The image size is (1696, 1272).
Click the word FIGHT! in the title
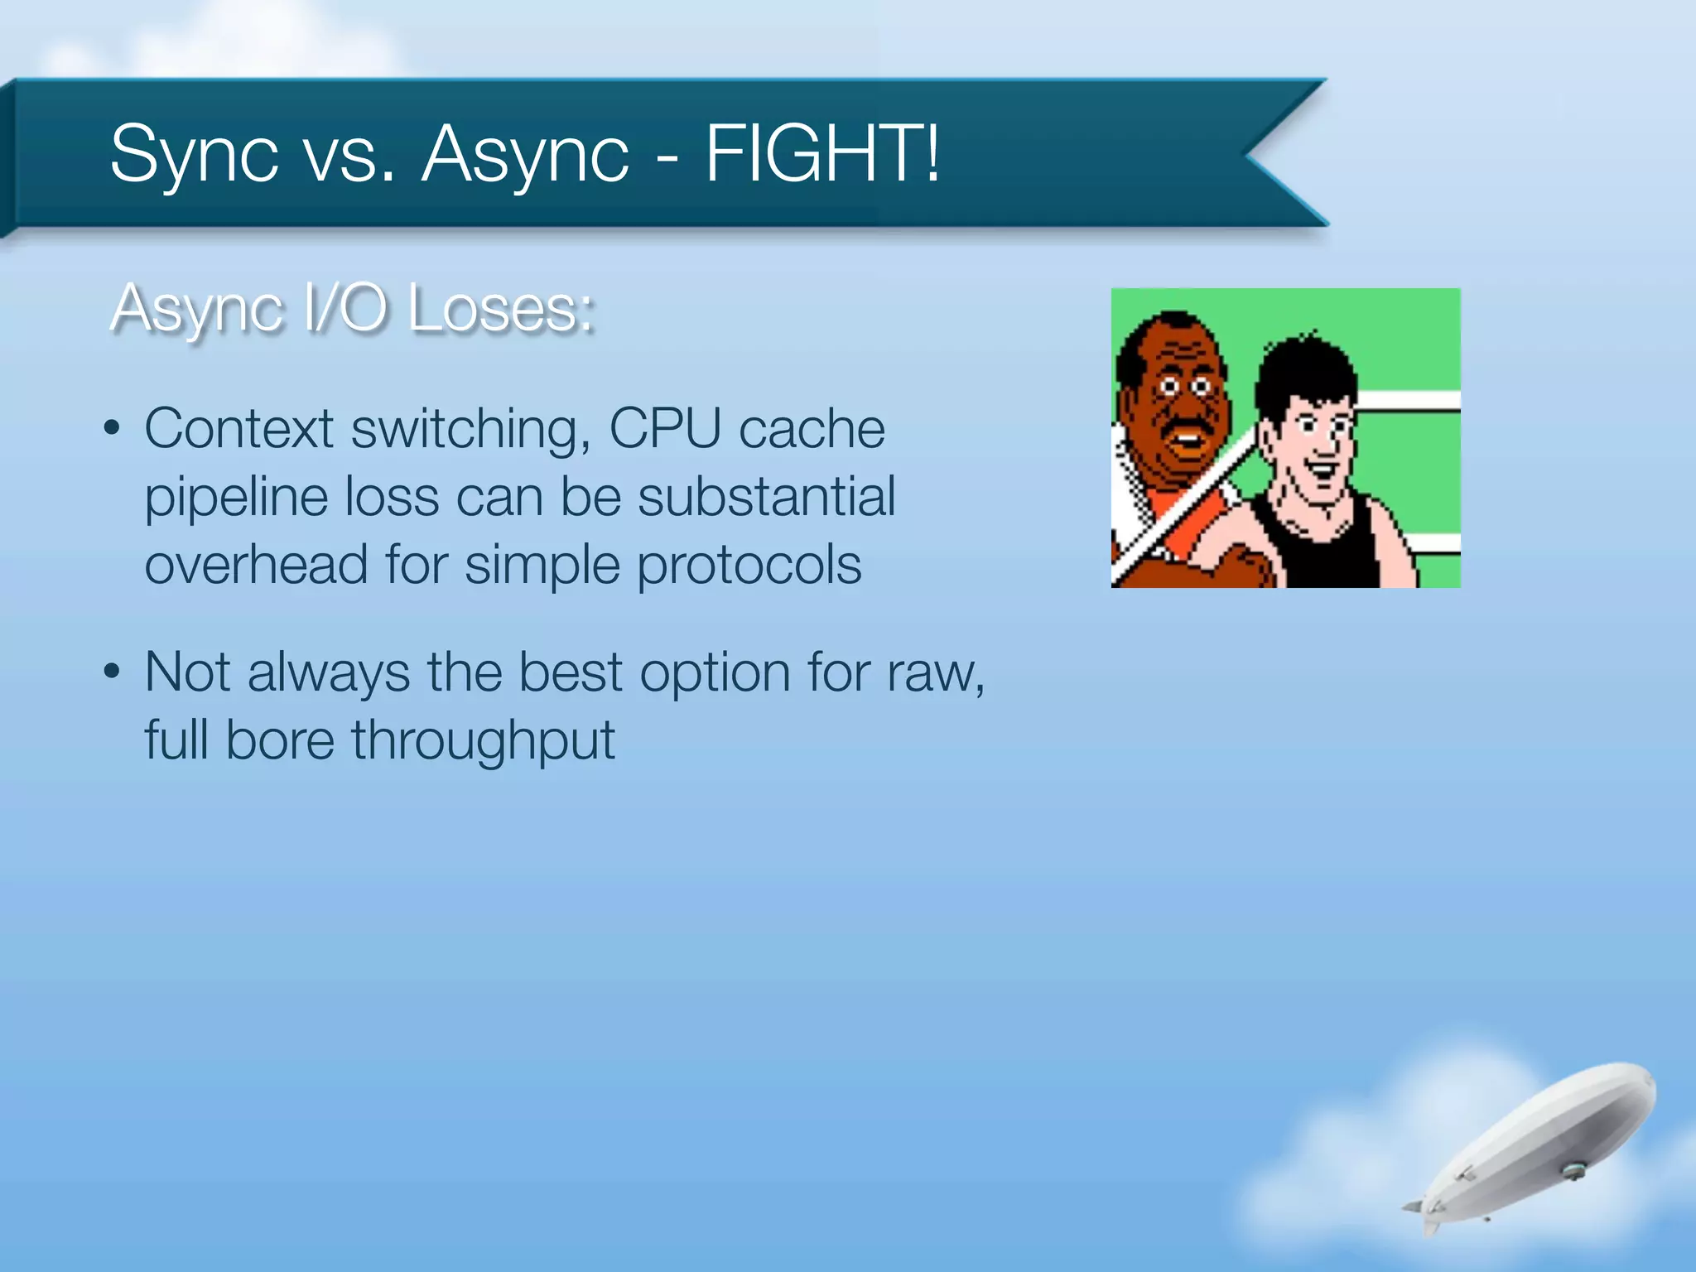coord(822,153)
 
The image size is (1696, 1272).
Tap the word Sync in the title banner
coord(194,155)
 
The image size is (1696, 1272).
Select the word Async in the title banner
coord(525,155)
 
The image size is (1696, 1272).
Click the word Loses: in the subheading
coord(501,309)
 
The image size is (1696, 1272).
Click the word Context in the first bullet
coord(238,428)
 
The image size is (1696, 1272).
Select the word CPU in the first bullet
coord(665,428)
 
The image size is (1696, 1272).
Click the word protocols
coord(749,566)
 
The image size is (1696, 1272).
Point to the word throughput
coord(483,740)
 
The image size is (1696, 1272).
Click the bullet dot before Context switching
coord(113,430)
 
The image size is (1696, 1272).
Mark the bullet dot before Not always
coord(113,672)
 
